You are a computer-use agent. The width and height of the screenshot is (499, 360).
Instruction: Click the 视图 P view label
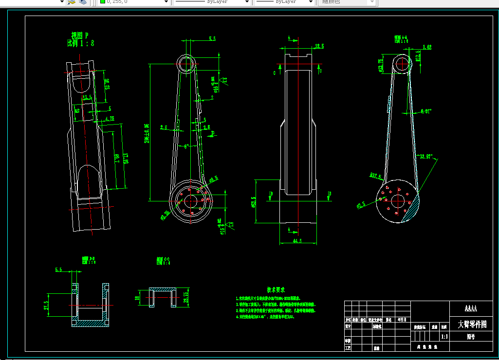pyautogui.click(x=80, y=35)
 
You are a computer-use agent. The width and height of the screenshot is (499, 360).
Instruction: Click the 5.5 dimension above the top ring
pyautogui.click(x=212, y=38)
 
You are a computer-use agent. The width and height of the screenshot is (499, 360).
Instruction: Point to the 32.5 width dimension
pyautogui.click(x=319, y=46)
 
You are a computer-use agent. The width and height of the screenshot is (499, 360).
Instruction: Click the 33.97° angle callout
pyautogui.click(x=426, y=156)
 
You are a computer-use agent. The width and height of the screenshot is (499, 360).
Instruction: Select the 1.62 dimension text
pyautogui.click(x=427, y=47)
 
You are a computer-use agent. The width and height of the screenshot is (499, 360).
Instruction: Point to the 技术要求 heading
pyautogui.click(x=276, y=289)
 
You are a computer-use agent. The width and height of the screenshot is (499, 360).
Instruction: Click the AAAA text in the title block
pyautogui.click(x=471, y=308)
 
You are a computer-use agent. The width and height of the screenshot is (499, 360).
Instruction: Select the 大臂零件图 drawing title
pyautogui.click(x=472, y=324)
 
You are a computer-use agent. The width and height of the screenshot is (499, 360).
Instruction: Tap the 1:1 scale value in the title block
pyautogui.click(x=444, y=336)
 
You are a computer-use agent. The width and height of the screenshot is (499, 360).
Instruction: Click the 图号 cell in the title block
pyautogui.click(x=471, y=336)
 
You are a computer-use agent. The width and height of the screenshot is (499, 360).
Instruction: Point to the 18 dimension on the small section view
pyautogui.click(x=138, y=298)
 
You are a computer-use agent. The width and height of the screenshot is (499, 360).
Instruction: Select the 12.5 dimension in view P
pyautogui.click(x=87, y=98)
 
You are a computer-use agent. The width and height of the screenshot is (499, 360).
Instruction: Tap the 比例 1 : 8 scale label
pyautogui.click(x=80, y=43)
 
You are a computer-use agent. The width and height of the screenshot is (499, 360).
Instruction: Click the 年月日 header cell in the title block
pyautogui.click(x=402, y=320)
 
